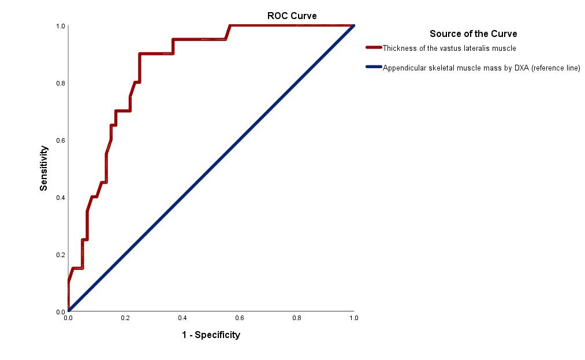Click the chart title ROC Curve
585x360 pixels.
coord(292,16)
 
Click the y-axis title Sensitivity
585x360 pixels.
coord(44,168)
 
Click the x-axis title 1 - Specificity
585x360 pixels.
coord(211,335)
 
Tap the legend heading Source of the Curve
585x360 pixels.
coord(473,34)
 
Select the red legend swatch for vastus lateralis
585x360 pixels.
coord(374,48)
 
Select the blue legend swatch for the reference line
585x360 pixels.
coord(374,68)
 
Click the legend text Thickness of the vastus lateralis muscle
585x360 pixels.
coord(449,48)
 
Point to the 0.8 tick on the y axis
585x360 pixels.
coord(60,83)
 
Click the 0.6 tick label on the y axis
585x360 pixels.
coord(60,140)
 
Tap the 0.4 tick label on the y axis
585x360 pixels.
coord(60,197)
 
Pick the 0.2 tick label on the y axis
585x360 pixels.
coord(60,254)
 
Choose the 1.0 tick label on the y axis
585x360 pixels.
coord(60,26)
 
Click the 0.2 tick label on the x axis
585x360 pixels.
coord(125,318)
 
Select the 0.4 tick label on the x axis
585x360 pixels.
coord(182,318)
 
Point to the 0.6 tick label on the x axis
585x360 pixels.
coord(240,318)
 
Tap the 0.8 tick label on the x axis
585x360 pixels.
coord(297,318)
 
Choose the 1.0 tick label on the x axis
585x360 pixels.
coord(353,318)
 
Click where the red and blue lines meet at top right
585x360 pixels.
coord(353,25)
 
